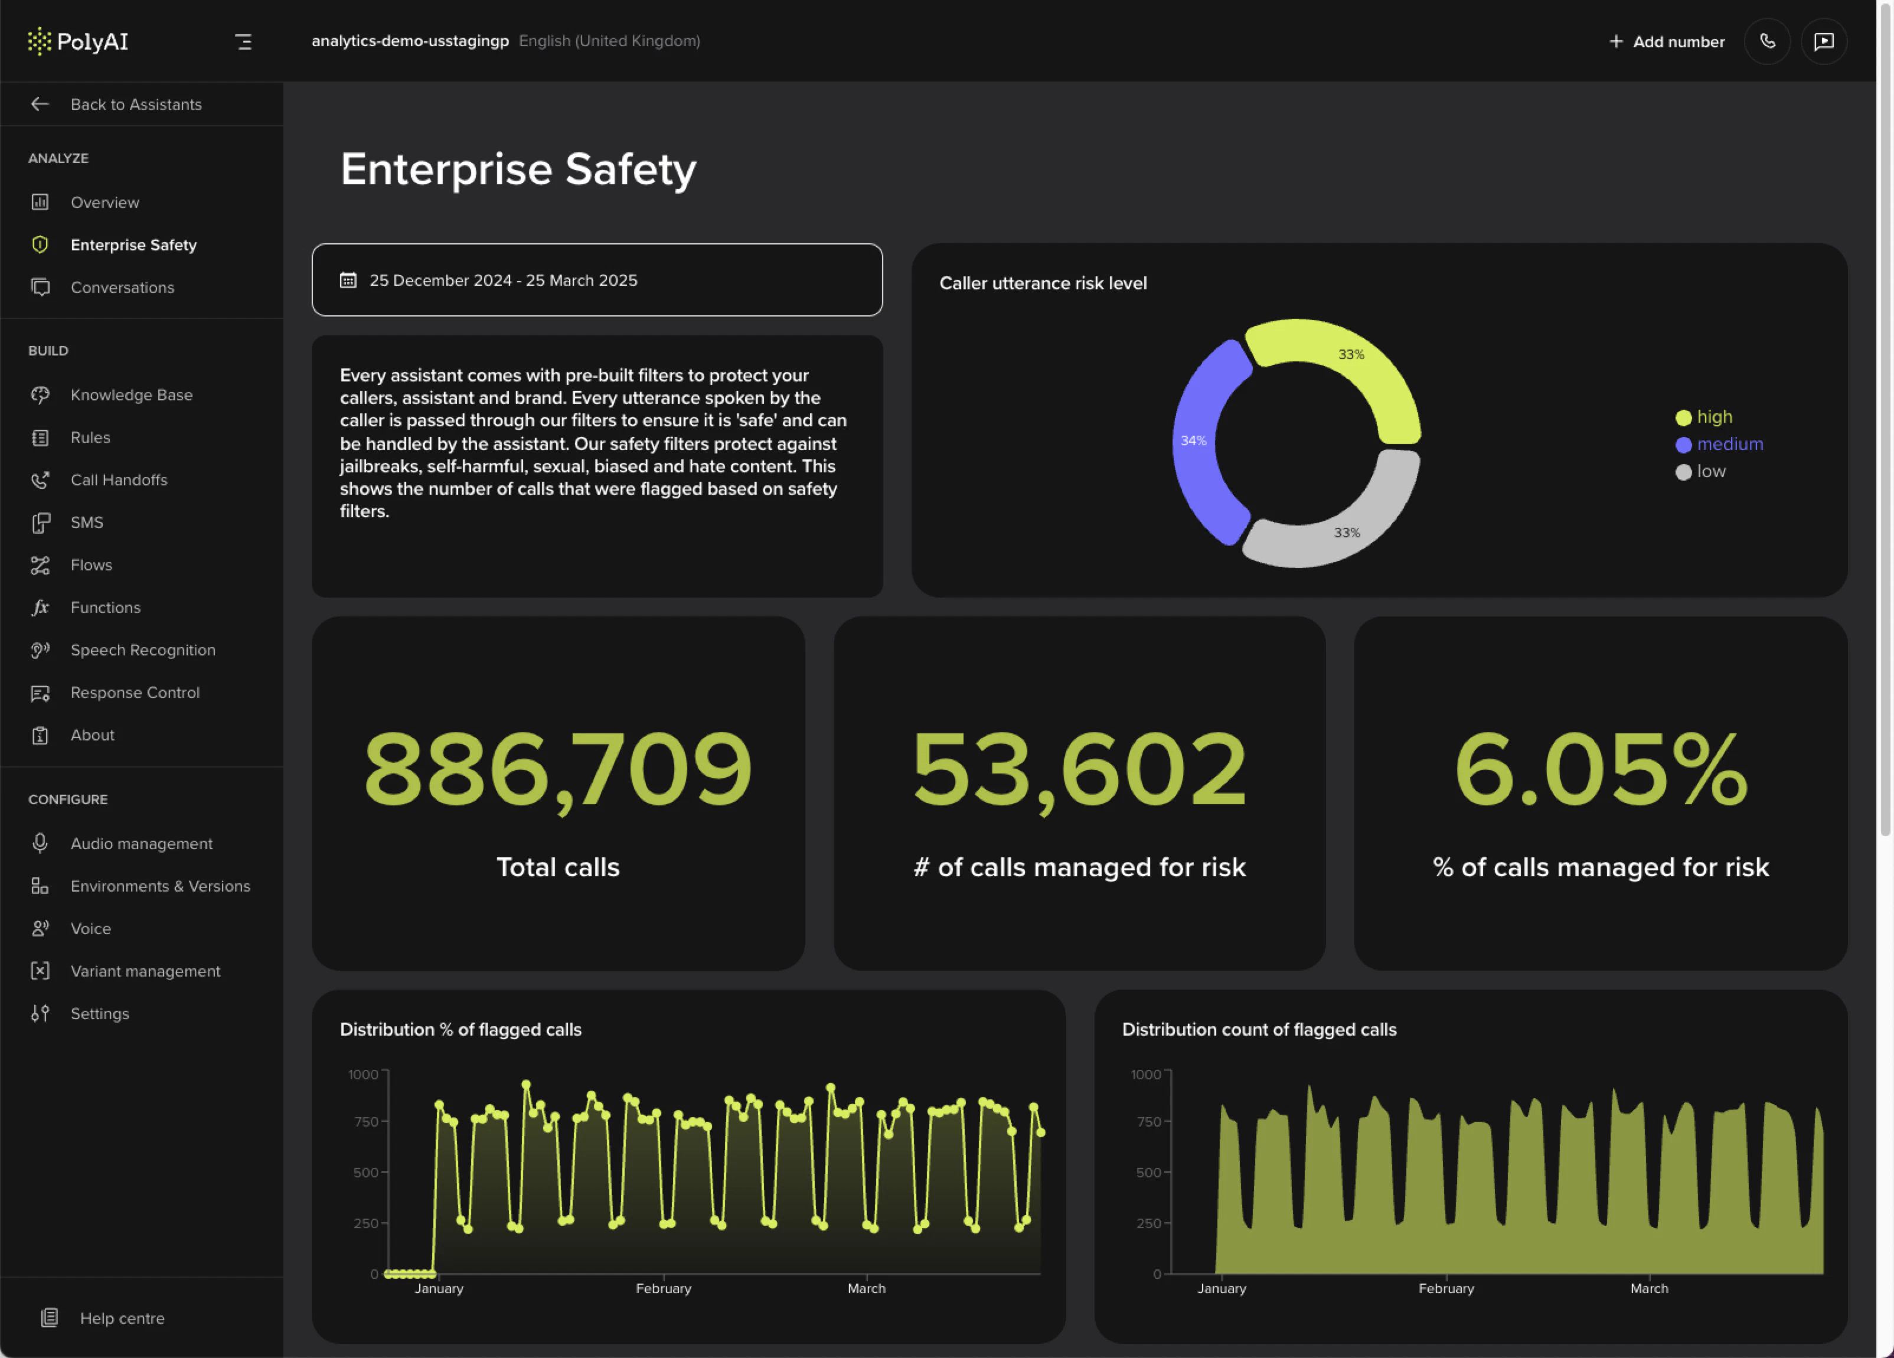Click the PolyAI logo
click(x=78, y=41)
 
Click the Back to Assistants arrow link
click(x=117, y=105)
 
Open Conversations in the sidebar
click(x=122, y=288)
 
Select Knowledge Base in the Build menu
click(x=131, y=395)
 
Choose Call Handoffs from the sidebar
click(x=119, y=480)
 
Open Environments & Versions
click(x=159, y=886)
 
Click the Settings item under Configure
click(x=99, y=1013)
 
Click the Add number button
click(x=1667, y=42)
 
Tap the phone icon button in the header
click(x=1767, y=42)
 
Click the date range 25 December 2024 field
click(x=596, y=280)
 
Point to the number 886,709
click(x=558, y=768)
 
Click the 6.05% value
click(x=1600, y=768)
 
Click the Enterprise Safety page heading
click(x=518, y=169)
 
